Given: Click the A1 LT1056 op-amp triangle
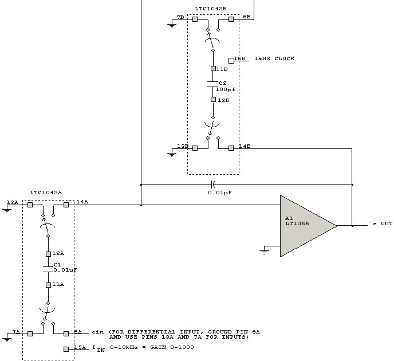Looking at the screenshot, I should pos(304,225).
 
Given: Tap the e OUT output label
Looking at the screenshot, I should pos(383,223).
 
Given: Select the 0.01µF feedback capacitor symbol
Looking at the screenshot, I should pos(213,184).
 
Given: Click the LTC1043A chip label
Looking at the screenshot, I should pos(46,193).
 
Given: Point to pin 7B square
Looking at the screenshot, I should pos(195,19).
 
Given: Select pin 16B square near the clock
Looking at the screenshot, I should pos(231,60).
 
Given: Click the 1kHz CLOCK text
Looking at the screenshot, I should pos(275,59).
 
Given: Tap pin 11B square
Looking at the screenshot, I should pos(213,69).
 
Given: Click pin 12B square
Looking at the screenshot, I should pos(213,99).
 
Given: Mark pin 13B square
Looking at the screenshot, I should pos(195,148).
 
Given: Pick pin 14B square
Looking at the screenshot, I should pos(231,148).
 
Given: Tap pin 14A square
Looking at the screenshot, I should pos(66,205).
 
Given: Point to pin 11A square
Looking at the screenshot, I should pos(48,284).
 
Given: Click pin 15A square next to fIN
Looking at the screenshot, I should pos(66,348).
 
